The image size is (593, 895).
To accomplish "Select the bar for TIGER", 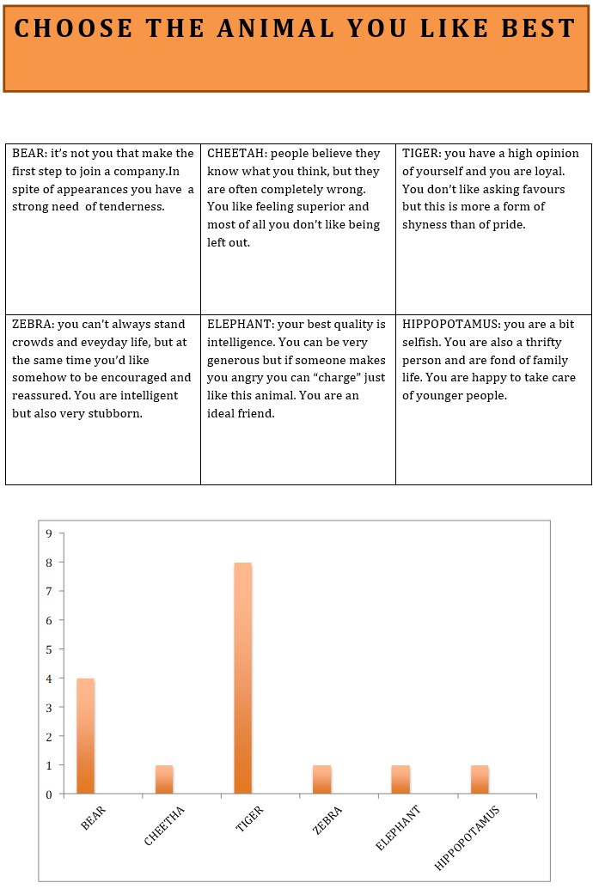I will pyautogui.click(x=243, y=678).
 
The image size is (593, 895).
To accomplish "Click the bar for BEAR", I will pyautogui.click(x=86, y=735).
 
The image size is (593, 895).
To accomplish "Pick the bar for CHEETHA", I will pyautogui.click(x=164, y=779).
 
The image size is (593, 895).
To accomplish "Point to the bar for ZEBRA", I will pyautogui.click(x=322, y=779).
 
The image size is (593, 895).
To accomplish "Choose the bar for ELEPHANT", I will pyautogui.click(x=400, y=779).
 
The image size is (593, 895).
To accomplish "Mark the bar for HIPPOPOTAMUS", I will pyautogui.click(x=480, y=779).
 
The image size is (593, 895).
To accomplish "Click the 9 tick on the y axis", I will pyautogui.click(x=49, y=533).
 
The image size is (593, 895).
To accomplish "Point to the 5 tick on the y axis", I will pyautogui.click(x=49, y=649).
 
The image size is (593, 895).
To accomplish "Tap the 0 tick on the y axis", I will pyautogui.click(x=49, y=795).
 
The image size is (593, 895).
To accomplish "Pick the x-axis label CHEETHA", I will pyautogui.click(x=164, y=826).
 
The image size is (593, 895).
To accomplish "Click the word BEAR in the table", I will pyautogui.click(x=28, y=154).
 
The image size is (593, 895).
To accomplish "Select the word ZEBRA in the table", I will pyautogui.click(x=31, y=325).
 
